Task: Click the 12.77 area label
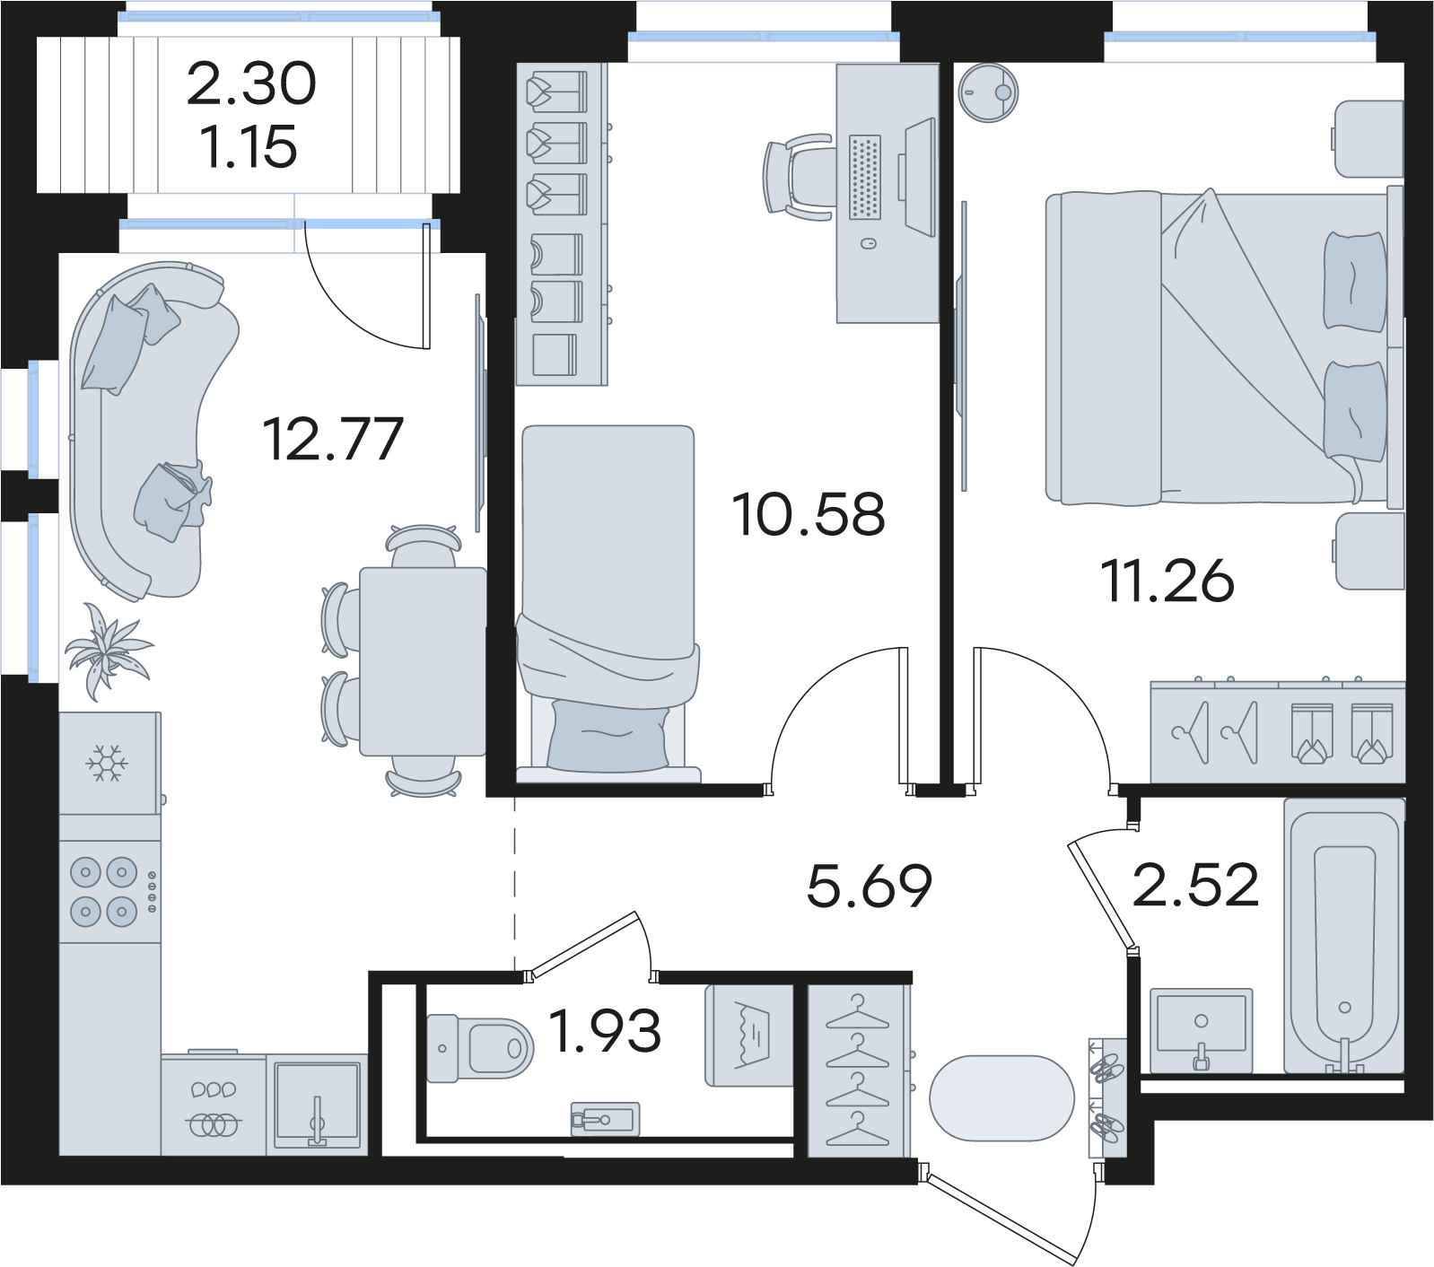pyautogui.click(x=333, y=439)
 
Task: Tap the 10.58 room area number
pyautogui.click(x=809, y=515)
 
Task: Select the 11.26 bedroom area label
pyautogui.click(x=1167, y=581)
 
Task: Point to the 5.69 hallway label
pyautogui.click(x=870, y=887)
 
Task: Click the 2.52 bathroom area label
pyautogui.click(x=1195, y=885)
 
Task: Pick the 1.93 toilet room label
pyautogui.click(x=605, y=1030)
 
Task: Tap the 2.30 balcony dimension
pyautogui.click(x=251, y=83)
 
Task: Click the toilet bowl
pyautogui.click(x=480, y=1047)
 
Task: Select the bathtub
pyautogui.click(x=1344, y=936)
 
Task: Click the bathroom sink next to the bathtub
pyautogui.click(x=1201, y=1031)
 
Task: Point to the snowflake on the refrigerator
pyautogui.click(x=107, y=764)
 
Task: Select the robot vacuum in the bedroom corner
pyautogui.click(x=988, y=92)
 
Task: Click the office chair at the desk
pyautogui.click(x=797, y=177)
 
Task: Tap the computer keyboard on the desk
pyautogui.click(x=865, y=177)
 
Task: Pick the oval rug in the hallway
pyautogui.click(x=1001, y=1098)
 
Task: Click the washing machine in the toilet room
pyautogui.click(x=750, y=1035)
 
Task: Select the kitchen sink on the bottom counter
pyautogui.click(x=317, y=1105)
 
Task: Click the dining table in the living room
pyautogui.click(x=423, y=661)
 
